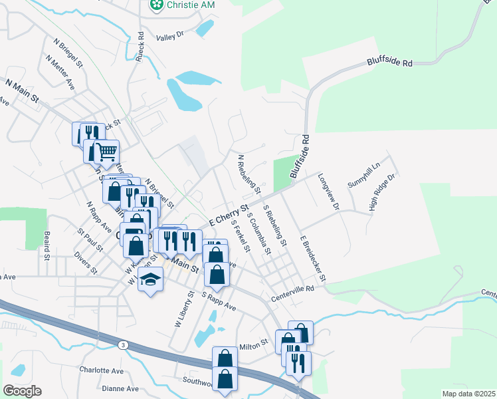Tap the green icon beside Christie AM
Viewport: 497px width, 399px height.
coord(157,5)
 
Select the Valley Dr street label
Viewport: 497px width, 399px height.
coord(169,36)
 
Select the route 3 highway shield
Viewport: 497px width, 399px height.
coord(123,344)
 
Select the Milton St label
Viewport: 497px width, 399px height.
coord(253,344)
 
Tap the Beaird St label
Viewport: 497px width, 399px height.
coord(47,245)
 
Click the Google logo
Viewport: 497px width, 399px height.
coord(22,390)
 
